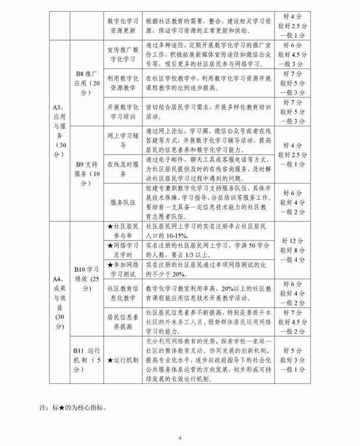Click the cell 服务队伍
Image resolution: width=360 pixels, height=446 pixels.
[123, 202]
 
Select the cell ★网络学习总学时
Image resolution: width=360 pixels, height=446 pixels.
[123, 250]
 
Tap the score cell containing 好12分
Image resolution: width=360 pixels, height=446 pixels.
[293, 250]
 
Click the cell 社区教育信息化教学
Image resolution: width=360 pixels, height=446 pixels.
[123, 294]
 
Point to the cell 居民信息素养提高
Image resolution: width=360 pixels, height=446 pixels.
[123, 322]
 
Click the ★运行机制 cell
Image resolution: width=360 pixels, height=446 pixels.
[123, 360]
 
